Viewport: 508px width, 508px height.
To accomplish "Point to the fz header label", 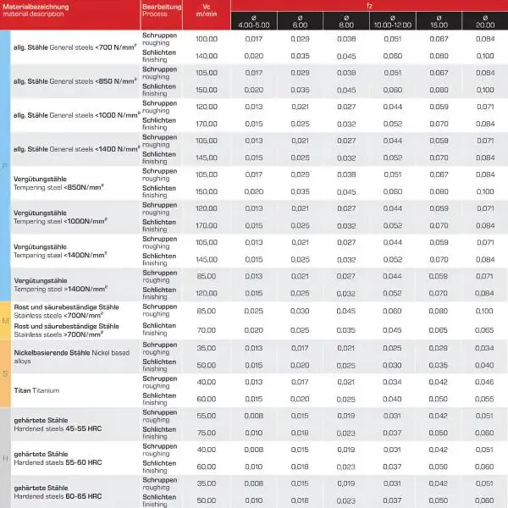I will (x=367, y=4).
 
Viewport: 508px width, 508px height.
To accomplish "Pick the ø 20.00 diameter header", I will (x=484, y=20).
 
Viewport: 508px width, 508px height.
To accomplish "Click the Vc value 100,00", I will (x=207, y=39).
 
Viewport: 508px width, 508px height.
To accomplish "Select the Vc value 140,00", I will (x=207, y=55).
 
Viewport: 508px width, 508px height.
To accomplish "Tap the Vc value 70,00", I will (x=207, y=329).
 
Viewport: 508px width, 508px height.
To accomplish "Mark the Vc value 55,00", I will (x=207, y=417).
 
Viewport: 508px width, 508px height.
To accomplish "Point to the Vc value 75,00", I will (x=207, y=433).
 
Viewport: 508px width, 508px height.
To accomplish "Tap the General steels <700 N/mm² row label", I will (x=75, y=47).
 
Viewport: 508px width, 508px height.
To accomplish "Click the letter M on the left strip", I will (x=6, y=321).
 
